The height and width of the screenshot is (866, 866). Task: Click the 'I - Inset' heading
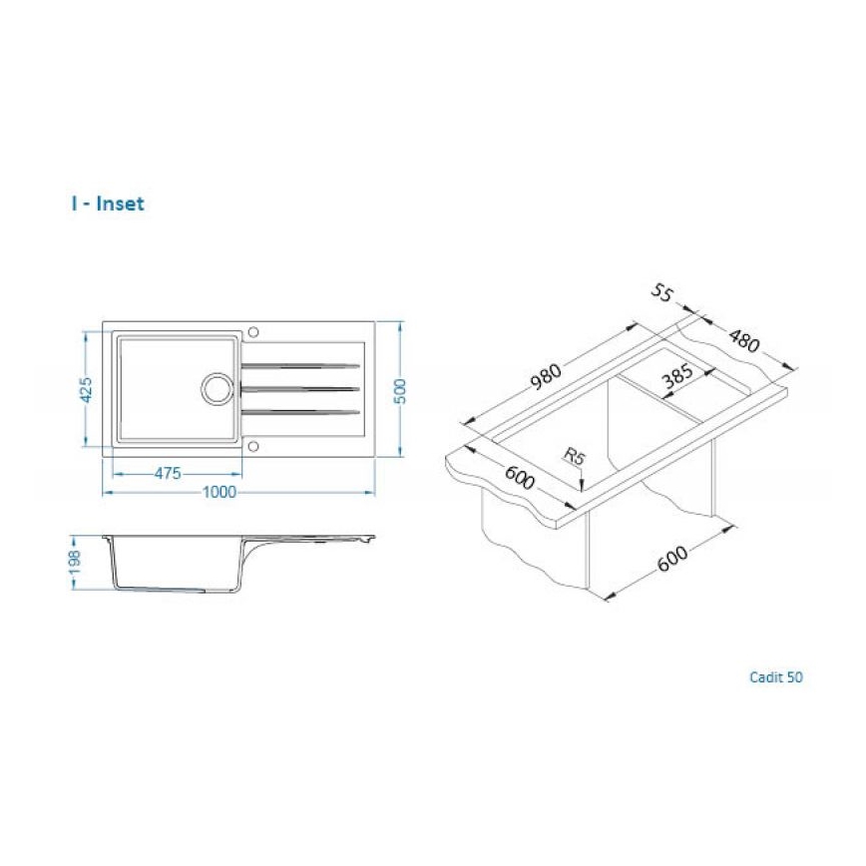[x=108, y=204]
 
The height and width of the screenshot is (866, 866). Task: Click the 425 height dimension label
[x=86, y=389]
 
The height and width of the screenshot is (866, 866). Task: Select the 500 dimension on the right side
[x=401, y=389]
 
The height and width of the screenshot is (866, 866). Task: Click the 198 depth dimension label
[x=86, y=566]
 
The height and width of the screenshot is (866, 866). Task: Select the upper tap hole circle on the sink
[x=253, y=330]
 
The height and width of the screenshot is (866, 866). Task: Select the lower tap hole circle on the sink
[x=253, y=446]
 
